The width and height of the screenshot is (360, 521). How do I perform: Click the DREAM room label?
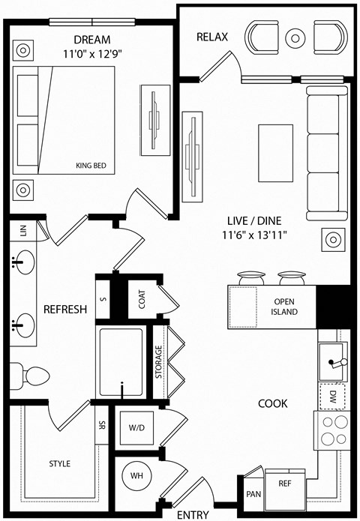pos(93,39)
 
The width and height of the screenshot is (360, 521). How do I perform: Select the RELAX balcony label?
pos(212,37)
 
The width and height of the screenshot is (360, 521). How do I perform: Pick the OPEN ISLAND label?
pos(285,307)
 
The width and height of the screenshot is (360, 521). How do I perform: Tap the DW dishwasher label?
pos(331,396)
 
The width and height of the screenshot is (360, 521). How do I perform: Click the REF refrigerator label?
pos(284,484)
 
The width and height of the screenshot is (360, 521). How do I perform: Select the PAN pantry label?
pos(253,494)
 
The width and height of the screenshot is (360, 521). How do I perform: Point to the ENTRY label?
pos(192,515)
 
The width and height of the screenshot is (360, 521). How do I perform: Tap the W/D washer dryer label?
pos(136,429)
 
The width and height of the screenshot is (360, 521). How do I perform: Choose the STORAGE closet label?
pos(159,362)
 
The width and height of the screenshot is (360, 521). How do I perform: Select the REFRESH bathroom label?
pos(64,309)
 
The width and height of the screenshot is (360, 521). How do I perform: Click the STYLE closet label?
pos(59,463)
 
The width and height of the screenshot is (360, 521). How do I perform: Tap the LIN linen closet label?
pos(23,232)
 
